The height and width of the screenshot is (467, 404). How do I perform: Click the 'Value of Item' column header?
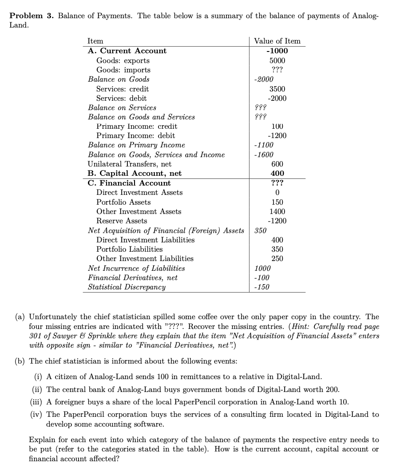pos(277,41)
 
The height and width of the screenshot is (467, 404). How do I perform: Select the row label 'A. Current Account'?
pos(127,51)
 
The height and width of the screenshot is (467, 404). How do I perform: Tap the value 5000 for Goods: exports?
pos(277,60)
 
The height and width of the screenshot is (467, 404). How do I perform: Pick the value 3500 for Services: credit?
pos(277,89)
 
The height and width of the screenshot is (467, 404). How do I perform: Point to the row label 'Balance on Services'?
pos(122,107)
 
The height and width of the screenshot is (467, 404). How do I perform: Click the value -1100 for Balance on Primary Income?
pos(264,145)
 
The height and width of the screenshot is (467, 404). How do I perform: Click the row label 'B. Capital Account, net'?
pos(135,173)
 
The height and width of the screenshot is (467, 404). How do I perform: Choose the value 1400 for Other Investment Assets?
pos(277,211)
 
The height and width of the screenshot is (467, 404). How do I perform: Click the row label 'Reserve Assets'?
pos(122,221)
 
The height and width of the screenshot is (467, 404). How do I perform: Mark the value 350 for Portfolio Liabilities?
pos(277,249)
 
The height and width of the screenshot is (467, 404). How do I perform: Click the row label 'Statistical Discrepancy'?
pos(127,287)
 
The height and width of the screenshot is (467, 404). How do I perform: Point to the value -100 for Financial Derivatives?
pos(261,277)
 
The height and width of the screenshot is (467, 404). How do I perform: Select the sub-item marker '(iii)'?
pos(38,402)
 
